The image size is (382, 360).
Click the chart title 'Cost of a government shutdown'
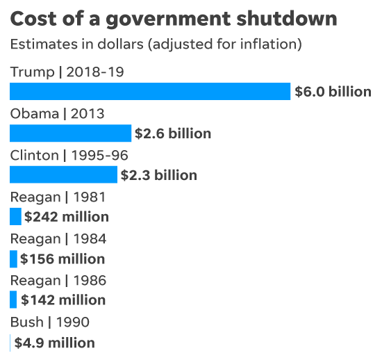[174, 19]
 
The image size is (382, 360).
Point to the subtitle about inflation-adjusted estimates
[156, 45]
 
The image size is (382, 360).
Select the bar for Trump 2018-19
[150, 92]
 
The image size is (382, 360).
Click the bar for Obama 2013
[70, 133]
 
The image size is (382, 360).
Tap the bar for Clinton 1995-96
[63, 175]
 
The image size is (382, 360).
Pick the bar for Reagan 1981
[15, 217]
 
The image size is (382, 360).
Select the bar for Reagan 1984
[13, 259]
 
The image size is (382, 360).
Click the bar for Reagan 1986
[13, 300]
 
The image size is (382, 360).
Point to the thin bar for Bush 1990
[10, 343]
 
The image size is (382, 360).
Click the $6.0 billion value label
[333, 92]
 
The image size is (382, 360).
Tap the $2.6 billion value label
[173, 133]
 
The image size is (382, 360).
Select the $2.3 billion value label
[159, 175]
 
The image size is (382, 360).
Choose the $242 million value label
[67, 217]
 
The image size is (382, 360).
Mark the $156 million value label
[63, 259]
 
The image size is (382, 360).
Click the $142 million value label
[63, 300]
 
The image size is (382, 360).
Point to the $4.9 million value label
[54, 343]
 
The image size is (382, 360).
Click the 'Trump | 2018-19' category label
[67, 72]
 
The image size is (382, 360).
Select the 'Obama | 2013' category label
[57, 114]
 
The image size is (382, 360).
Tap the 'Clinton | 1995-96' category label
[69, 156]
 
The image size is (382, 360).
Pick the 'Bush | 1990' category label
[49, 322]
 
